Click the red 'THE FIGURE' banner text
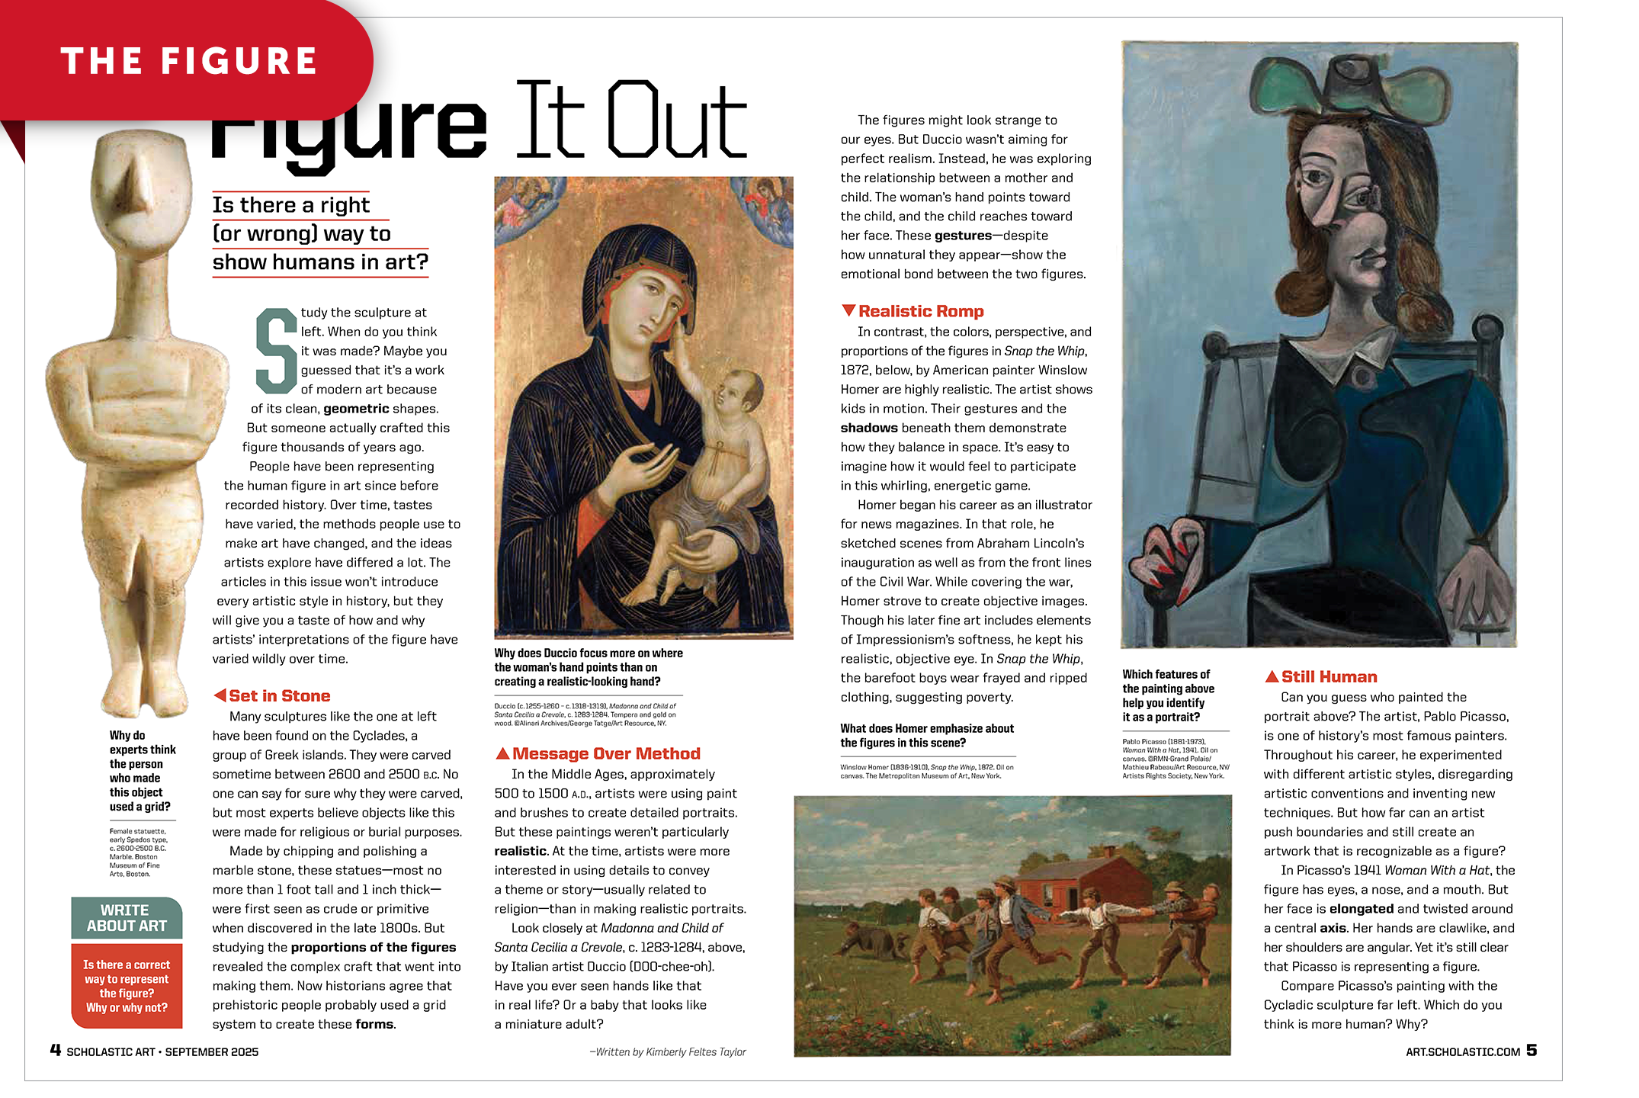188,61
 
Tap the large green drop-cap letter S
275,350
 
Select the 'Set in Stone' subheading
279,695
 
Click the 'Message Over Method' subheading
606,753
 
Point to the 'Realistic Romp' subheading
921,311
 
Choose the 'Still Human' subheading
1329,676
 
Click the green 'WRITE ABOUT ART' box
127,918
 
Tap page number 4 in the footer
56,1050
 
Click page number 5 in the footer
1532,1050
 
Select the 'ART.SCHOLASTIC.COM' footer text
1462,1051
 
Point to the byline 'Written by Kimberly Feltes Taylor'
669,1051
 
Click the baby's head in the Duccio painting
736,396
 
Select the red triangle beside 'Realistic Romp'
848,310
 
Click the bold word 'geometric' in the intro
356,409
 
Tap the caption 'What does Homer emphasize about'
927,728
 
